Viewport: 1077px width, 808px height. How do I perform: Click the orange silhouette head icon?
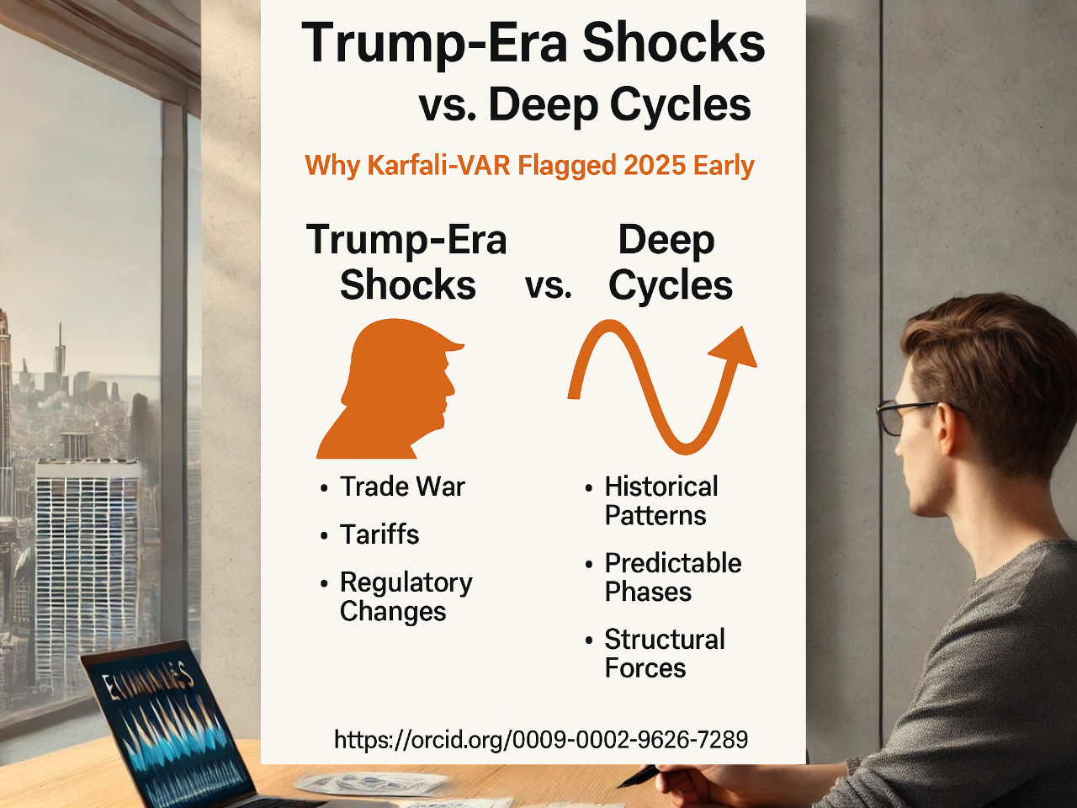(391, 391)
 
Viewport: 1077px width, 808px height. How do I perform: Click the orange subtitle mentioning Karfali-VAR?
(529, 165)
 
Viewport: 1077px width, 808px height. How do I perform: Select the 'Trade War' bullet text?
(402, 486)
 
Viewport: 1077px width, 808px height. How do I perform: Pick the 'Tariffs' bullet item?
(379, 534)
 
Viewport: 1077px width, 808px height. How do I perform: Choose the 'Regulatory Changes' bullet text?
(406, 597)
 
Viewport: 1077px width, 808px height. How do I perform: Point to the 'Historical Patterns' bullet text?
(661, 501)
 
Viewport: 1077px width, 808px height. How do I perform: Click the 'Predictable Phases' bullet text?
(672, 577)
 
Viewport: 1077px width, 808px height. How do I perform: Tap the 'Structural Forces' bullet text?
(664, 654)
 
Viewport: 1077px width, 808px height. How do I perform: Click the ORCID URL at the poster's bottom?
(541, 740)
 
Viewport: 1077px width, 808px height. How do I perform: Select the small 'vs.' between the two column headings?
(549, 286)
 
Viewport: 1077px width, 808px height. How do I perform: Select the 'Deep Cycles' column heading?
(669, 263)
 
